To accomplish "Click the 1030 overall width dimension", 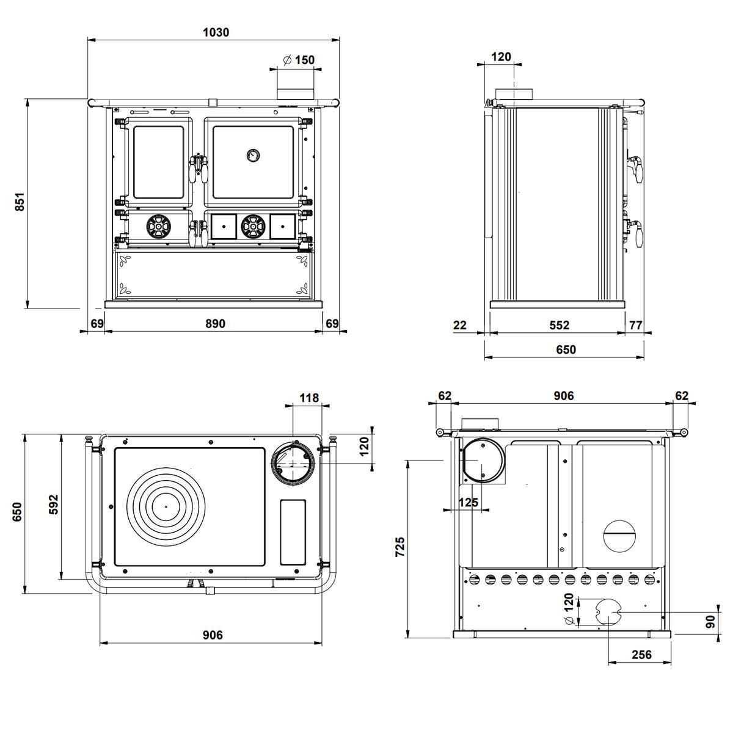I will (216, 32).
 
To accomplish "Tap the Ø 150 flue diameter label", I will (299, 60).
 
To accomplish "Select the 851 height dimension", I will (20, 202).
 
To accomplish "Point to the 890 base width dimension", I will (214, 324).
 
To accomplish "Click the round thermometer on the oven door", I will (252, 155).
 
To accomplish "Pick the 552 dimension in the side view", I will (559, 325).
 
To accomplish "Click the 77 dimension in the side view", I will (636, 325).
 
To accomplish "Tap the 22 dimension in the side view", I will (460, 325).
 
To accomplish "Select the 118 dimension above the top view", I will (309, 398).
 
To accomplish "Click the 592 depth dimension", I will (53, 504).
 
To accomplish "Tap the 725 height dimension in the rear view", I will (399, 547).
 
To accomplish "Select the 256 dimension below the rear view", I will (641, 655).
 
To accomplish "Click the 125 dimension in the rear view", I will (468, 502).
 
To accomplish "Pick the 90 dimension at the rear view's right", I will (710, 622).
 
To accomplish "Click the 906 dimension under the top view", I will (212, 635).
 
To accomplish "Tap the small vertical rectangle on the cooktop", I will (293, 531).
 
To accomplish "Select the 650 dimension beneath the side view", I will (566, 350).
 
